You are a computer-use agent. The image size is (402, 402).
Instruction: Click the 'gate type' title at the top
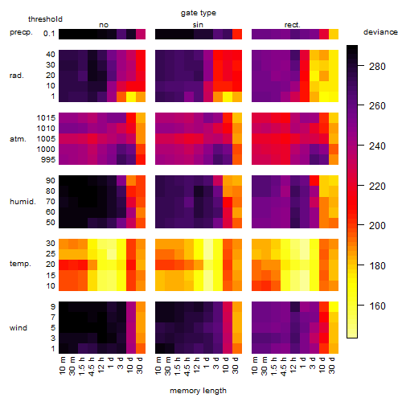pyautogui.click(x=199, y=13)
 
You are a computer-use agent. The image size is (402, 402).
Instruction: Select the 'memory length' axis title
pyautogui.click(x=198, y=391)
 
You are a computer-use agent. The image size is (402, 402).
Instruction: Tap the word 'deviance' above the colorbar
pyautogui.click(x=380, y=32)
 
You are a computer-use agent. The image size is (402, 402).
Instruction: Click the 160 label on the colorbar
pyautogui.click(x=377, y=306)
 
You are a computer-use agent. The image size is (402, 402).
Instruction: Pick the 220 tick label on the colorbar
pyautogui.click(x=377, y=186)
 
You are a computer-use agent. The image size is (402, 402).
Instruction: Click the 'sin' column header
pyautogui.click(x=198, y=25)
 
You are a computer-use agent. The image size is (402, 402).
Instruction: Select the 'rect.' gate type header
pyautogui.click(x=292, y=25)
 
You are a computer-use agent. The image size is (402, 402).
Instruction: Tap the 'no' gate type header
pyautogui.click(x=104, y=25)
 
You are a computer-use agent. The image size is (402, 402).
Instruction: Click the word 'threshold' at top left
pyautogui.click(x=45, y=19)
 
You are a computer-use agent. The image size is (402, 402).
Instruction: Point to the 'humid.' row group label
pyautogui.click(x=23, y=202)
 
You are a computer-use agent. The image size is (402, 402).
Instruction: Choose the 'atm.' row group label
pyautogui.click(x=18, y=139)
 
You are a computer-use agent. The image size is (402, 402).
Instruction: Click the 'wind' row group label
pyautogui.click(x=18, y=328)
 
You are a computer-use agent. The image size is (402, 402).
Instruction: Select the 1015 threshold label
pyautogui.click(x=46, y=118)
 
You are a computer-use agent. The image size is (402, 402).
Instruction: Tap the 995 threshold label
pyautogui.click(x=48, y=160)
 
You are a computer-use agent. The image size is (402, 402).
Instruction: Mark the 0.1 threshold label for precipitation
pyautogui.click(x=49, y=34)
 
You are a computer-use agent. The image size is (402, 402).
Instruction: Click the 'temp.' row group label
pyautogui.click(x=20, y=264)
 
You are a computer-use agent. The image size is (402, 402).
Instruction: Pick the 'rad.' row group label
pyautogui.click(x=17, y=76)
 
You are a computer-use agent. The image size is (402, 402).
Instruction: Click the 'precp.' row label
pyautogui.click(x=21, y=32)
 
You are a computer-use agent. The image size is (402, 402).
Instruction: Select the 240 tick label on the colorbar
pyautogui.click(x=377, y=146)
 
